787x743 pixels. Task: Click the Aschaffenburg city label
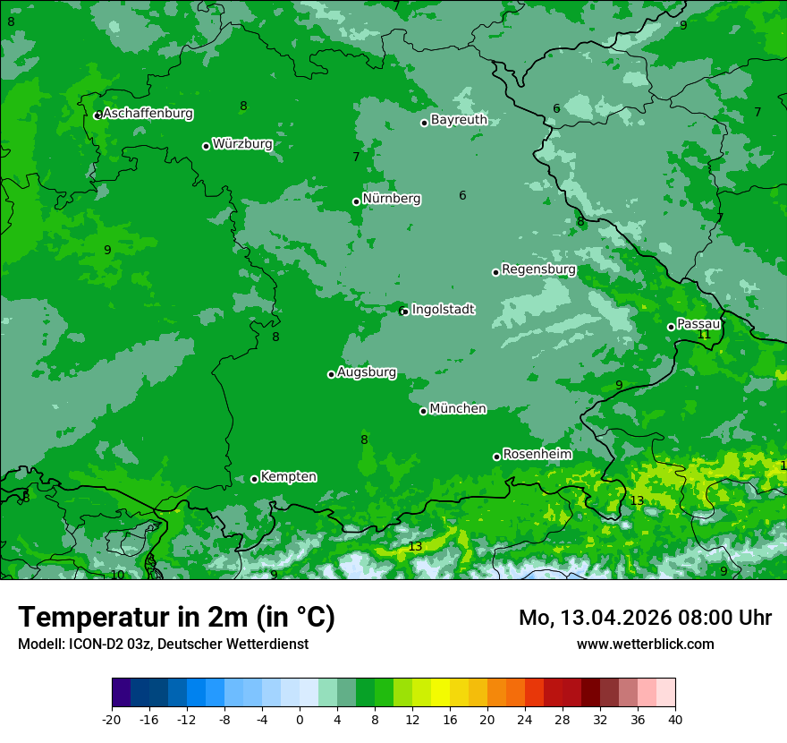[x=148, y=114]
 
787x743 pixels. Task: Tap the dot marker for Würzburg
[x=206, y=146]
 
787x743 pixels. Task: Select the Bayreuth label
[x=459, y=119]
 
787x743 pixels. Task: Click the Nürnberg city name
[x=392, y=199]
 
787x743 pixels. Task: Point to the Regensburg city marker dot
[x=495, y=272]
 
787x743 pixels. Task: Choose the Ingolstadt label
[x=443, y=309]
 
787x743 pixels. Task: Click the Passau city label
[x=698, y=323]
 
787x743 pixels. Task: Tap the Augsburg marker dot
[x=331, y=374]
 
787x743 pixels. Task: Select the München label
[x=458, y=408]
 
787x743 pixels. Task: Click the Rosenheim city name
[x=537, y=454]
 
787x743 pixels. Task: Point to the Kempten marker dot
[x=254, y=479]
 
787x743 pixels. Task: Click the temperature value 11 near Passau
[x=704, y=335]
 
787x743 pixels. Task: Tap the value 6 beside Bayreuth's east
[x=556, y=109]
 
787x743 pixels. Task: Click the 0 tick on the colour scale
[x=300, y=719]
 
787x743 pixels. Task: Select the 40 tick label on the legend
[x=674, y=719]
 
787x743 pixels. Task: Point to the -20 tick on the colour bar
[x=112, y=719]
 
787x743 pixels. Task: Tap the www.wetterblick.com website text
[x=645, y=644]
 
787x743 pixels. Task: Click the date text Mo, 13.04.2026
[x=597, y=618]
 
